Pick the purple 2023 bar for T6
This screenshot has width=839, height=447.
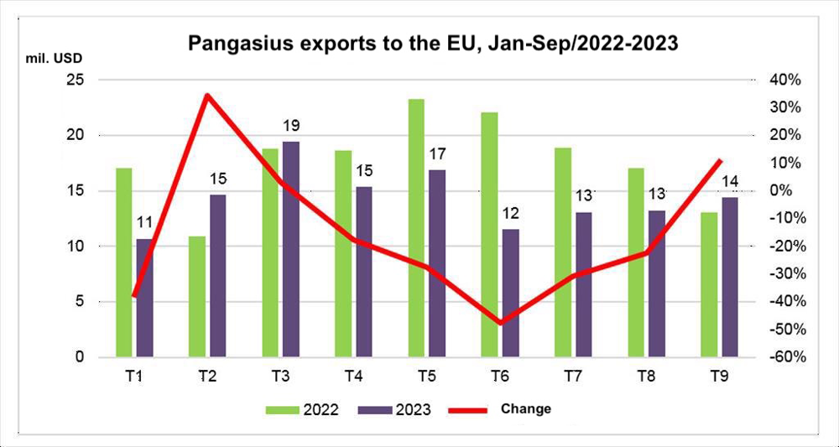coord(511,293)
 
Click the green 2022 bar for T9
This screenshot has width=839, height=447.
coord(710,284)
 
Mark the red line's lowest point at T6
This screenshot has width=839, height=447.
coord(501,323)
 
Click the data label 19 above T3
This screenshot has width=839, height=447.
coord(291,126)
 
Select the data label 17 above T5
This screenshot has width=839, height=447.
coord(437,153)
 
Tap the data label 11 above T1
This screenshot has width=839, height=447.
coord(144,223)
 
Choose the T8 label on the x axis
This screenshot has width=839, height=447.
coord(647,377)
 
